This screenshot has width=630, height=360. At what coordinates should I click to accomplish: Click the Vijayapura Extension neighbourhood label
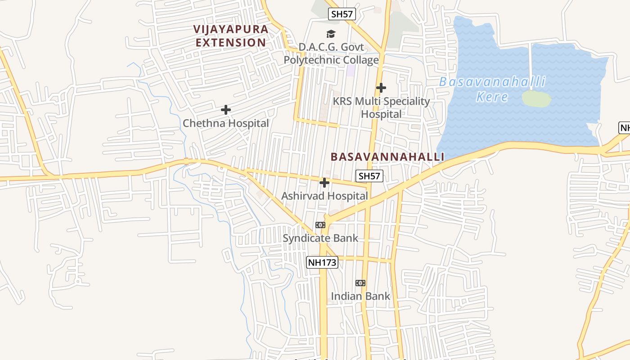pos(231,36)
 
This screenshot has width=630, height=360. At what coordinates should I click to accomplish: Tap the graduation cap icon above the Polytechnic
pos(331,34)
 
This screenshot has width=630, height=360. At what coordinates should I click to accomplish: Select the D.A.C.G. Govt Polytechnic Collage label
pos(331,54)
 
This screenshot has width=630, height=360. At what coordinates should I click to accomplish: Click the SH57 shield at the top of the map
pos(342,14)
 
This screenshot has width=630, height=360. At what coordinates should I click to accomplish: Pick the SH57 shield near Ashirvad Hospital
pos(369,176)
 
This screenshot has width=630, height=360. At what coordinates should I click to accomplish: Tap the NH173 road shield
pos(322,262)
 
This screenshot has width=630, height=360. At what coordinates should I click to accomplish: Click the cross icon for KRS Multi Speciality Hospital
pos(381,87)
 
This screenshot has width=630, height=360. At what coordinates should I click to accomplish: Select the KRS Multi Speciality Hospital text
pos(381,108)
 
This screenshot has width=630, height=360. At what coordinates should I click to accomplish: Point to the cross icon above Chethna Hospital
pos(226,110)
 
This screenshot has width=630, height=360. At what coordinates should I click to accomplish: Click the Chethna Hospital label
pos(226,123)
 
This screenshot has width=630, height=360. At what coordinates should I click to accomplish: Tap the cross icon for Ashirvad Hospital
pos(324,183)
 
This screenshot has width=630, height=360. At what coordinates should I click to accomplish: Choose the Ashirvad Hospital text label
pos(324,196)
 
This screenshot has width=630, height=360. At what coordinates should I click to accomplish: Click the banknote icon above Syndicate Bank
pos(320,225)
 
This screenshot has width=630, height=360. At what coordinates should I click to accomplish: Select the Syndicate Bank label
pos(320,238)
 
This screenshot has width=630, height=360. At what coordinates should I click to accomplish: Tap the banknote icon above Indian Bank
pos(360,283)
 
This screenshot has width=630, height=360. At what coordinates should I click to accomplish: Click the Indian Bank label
pos(360,296)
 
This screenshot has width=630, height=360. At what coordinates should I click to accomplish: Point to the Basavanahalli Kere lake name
pos(492,89)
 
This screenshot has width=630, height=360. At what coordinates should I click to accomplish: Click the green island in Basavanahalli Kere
pos(536,99)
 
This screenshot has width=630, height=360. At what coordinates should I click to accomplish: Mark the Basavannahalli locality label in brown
pos(387,157)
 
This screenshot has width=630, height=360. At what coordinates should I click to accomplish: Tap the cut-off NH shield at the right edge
pos(625,127)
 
